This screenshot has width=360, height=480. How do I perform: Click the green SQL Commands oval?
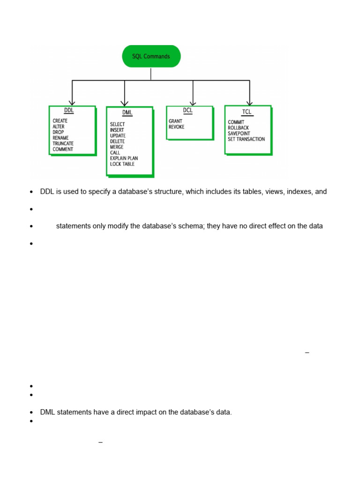pos(151,57)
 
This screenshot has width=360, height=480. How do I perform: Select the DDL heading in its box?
pos(69,111)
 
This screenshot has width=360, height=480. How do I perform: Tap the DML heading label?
pos(127,113)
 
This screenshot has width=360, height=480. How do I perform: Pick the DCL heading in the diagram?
pos(187,111)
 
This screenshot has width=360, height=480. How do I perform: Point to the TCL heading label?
pos(247,112)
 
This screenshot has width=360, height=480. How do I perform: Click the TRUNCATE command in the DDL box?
pos(63,143)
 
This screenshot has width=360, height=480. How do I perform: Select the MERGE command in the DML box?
pos(117,147)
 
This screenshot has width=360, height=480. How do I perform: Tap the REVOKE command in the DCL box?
pos(177,127)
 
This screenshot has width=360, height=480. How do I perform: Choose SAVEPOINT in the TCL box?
pos(239,134)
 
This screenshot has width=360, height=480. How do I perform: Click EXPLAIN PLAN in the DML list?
pos(124,158)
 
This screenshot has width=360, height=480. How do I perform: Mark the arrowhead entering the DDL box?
pos(72,103)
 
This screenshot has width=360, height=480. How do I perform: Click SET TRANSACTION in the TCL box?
pos(246,139)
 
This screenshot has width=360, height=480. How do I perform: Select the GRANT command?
pos(175,121)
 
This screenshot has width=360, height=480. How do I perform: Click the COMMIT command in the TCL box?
pos(236,122)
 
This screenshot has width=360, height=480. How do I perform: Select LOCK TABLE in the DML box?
pos(122,164)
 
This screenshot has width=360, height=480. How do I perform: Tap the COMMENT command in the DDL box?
pos(63,149)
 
